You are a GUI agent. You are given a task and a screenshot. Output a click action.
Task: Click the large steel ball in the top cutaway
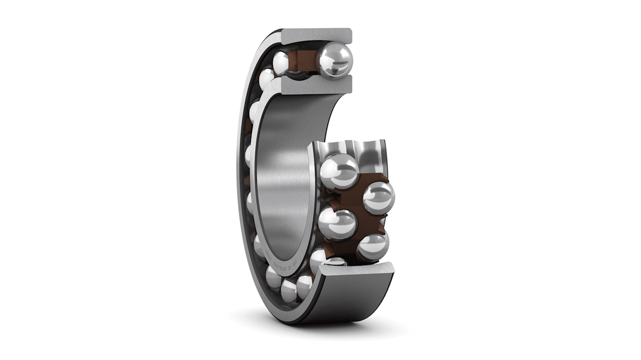tap(334, 59)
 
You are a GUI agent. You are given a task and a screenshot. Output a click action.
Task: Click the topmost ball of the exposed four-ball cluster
tap(339, 171)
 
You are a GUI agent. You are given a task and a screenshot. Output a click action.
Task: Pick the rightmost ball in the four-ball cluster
tap(378, 197)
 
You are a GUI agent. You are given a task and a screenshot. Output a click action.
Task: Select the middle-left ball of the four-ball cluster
tap(337, 224)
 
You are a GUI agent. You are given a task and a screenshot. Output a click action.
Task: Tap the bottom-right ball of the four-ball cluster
tap(372, 246)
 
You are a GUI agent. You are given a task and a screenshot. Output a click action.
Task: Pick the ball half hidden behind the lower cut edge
tap(336, 261)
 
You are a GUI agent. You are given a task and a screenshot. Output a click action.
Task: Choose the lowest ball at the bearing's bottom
tap(289, 291)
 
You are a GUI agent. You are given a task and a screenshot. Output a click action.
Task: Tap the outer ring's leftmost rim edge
tap(240, 180)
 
